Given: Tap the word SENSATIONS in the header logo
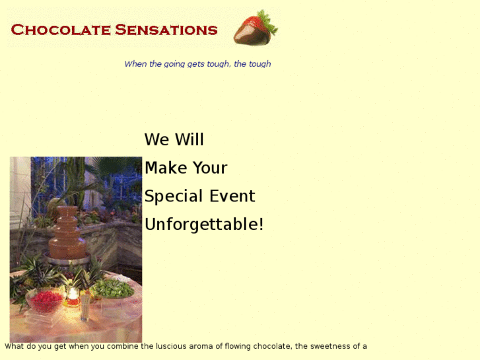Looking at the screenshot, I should tap(166, 30).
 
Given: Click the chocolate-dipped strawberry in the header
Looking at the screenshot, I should tap(251, 31).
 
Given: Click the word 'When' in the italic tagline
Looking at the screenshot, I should tap(135, 64).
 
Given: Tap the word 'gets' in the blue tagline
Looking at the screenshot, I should tap(195, 64).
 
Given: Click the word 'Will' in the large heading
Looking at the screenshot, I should tap(189, 139).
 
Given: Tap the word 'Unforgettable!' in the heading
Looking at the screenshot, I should tap(204, 224).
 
